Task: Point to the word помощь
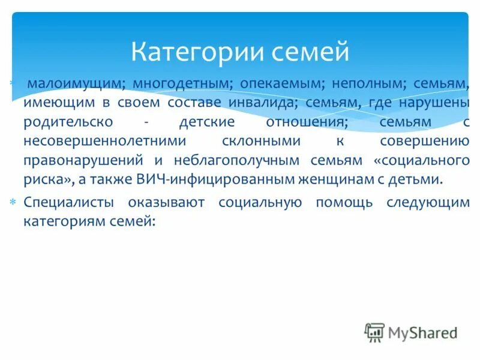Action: coord(341,203)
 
